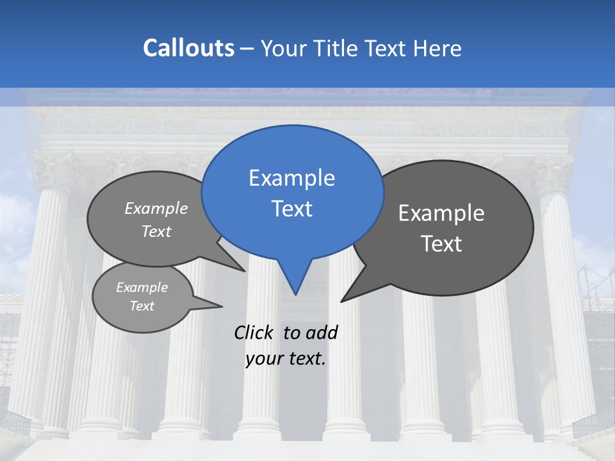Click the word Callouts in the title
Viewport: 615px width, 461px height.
(x=188, y=48)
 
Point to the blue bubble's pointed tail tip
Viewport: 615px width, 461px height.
(x=295, y=294)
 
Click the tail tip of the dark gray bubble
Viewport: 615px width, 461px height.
(x=342, y=300)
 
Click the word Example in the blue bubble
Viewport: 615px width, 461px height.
(x=291, y=178)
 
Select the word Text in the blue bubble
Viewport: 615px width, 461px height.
(x=291, y=209)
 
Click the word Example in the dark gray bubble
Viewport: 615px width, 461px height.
(x=441, y=213)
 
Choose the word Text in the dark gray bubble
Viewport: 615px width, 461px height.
(x=441, y=244)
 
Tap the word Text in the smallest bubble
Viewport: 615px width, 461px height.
(x=142, y=306)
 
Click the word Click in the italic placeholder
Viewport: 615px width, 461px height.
(x=254, y=332)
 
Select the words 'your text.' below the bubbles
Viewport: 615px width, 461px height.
(x=286, y=359)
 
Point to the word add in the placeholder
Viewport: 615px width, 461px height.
(x=321, y=332)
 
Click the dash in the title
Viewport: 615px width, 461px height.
(x=248, y=48)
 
